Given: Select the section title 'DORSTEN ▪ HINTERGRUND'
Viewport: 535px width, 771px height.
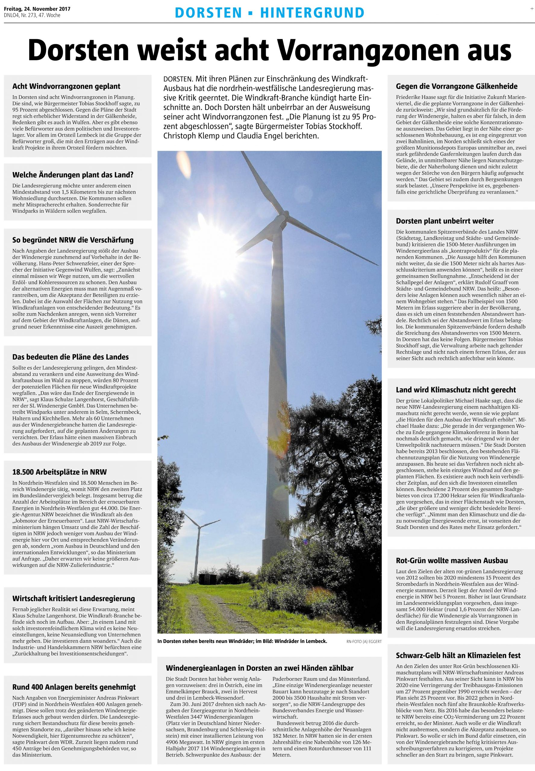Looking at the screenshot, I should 269,13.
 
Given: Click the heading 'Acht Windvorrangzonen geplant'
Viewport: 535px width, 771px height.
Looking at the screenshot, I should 66,87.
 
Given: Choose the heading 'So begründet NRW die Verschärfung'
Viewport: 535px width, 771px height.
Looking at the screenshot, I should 73,240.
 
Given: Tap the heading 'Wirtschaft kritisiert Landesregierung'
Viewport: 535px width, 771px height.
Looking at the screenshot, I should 74,598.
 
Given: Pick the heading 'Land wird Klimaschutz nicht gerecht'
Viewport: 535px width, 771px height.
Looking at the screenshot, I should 455,390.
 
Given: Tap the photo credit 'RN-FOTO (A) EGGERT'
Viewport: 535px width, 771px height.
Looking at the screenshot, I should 364,641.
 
